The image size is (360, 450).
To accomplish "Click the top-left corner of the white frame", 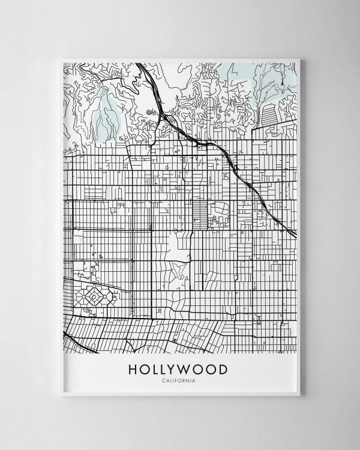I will [61, 59].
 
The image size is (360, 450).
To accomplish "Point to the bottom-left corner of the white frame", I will [61, 395].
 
